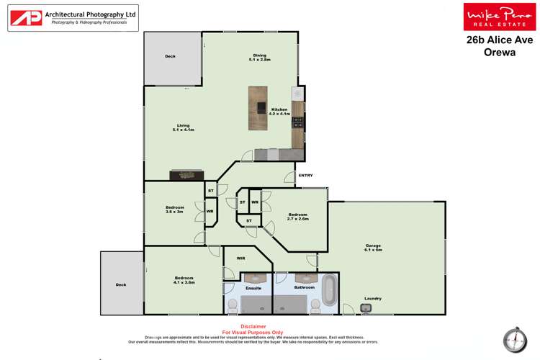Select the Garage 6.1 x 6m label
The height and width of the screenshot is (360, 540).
[374, 248]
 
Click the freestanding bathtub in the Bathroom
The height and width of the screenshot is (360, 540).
[330, 290]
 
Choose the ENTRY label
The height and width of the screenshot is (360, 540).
[305, 175]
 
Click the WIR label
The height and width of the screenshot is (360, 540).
[241, 257]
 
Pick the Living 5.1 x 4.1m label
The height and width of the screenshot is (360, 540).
[184, 127]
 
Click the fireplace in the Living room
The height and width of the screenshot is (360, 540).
[186, 174]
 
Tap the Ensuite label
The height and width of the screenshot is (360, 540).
[253, 288]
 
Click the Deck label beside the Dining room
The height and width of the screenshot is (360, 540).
[170, 56]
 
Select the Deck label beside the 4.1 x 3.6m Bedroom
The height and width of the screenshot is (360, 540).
[120, 284]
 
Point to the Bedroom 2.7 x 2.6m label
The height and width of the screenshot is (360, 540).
[298, 216]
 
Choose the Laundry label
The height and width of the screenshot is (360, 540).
[372, 298]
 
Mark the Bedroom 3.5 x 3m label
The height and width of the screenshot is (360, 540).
[175, 210]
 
